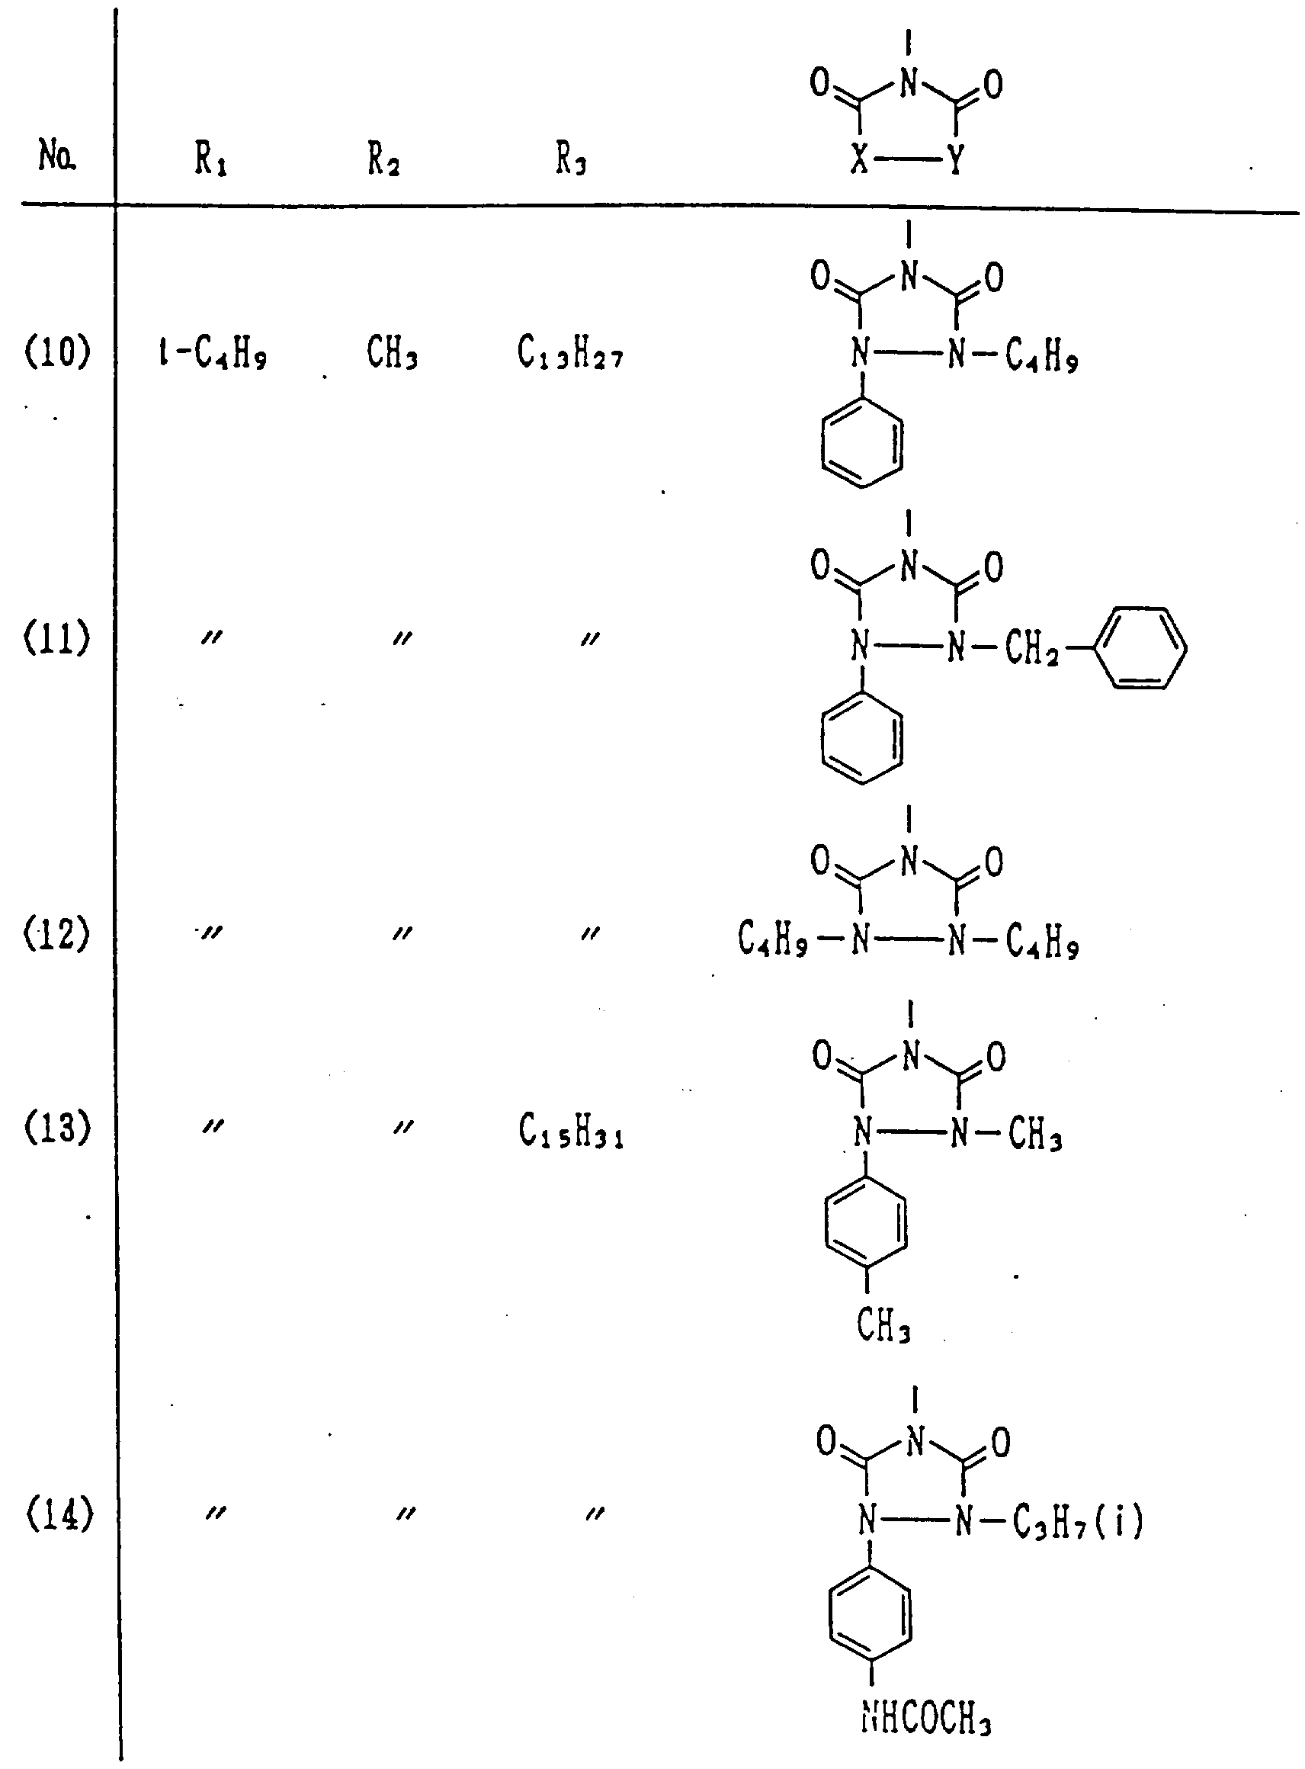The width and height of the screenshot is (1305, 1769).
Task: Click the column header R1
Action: pos(211,160)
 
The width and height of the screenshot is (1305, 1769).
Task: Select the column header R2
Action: pos(383,160)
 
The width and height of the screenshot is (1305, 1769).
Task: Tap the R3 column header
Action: pos(570,160)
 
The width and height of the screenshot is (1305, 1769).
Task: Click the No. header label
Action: pos(58,156)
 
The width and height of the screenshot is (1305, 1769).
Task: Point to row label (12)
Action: pos(58,935)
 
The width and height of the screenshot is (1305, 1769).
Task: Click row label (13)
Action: pos(58,1128)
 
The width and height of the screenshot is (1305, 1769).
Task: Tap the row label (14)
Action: pos(59,1514)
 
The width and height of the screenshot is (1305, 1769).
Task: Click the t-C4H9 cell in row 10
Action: pos(213,353)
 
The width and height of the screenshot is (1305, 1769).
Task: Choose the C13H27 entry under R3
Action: pos(570,353)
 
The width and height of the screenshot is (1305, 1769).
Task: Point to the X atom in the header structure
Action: pos(861,161)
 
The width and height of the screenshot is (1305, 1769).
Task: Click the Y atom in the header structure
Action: pos(956,161)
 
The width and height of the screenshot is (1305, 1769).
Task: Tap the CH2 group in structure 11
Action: pos(1031,650)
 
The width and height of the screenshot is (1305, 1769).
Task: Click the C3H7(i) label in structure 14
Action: pos(1078,1521)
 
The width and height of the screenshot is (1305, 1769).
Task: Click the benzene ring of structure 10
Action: pos(862,441)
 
